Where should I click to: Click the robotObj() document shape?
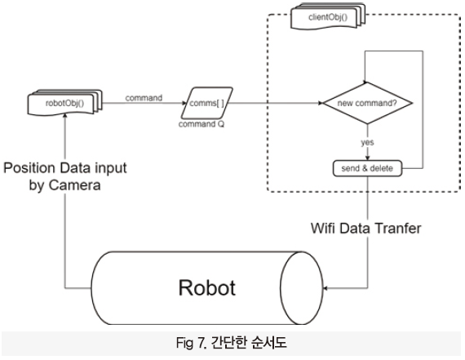click(64, 103)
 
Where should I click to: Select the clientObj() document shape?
click(328, 16)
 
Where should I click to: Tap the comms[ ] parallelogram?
click(206, 103)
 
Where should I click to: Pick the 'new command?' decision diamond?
click(367, 103)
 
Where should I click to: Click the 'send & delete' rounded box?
click(367, 168)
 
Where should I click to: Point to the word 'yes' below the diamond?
click(367, 142)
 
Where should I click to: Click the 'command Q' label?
click(201, 124)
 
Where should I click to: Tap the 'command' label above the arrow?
click(144, 98)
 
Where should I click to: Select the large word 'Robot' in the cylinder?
click(207, 287)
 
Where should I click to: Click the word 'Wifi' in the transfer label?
click(323, 229)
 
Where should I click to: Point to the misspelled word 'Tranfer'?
click(398, 229)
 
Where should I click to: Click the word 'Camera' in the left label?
click(74, 185)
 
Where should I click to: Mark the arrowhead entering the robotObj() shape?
click(65, 115)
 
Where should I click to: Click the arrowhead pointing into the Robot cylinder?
click(325, 288)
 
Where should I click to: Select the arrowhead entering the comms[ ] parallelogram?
click(184, 103)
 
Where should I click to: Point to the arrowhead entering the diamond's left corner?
click(321, 103)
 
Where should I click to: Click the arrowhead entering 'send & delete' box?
click(368, 158)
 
